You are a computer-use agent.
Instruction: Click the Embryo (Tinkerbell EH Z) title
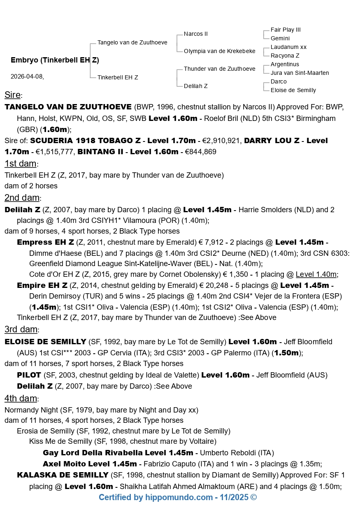click(55, 60)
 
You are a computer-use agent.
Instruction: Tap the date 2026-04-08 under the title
click(27, 76)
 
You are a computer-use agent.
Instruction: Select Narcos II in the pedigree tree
click(196, 34)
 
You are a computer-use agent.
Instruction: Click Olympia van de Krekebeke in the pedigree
click(219, 51)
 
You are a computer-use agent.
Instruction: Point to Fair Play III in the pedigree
click(286, 30)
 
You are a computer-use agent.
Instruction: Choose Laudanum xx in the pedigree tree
click(288, 47)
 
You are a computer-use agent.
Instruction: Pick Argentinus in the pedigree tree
click(285, 64)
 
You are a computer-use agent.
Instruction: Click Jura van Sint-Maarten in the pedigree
click(300, 73)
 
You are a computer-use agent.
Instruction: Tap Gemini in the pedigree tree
click(280, 38)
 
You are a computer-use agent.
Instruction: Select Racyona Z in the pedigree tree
click(285, 56)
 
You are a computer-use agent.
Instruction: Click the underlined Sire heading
click(12, 95)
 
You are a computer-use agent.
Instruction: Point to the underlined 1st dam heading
click(21, 164)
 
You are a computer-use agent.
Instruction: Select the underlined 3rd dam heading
click(22, 329)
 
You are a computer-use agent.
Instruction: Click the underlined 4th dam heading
click(21, 399)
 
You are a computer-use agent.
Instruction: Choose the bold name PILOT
click(29, 375)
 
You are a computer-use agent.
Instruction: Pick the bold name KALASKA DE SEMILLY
click(63, 475)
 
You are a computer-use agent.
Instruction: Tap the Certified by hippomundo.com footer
click(178, 498)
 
